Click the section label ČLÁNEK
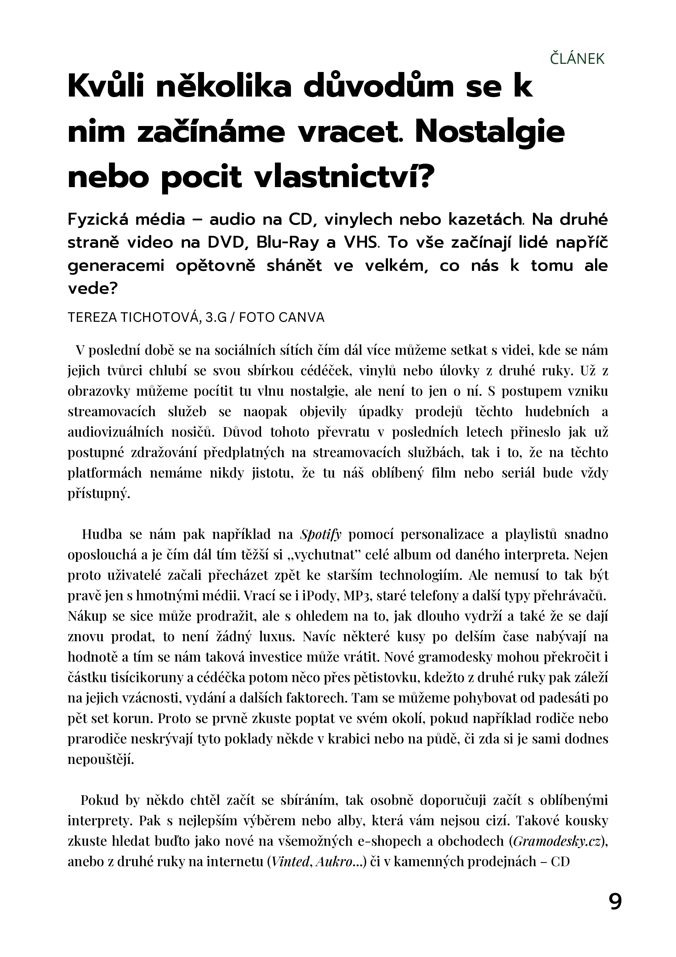(x=577, y=59)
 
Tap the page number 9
(x=615, y=902)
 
